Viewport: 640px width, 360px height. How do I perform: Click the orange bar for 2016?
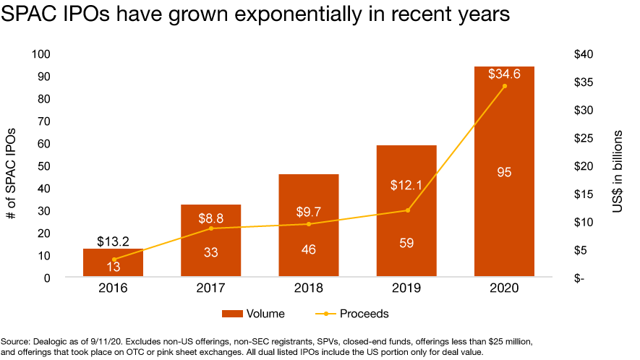[114, 262]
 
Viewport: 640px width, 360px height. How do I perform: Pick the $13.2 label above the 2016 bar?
[114, 241]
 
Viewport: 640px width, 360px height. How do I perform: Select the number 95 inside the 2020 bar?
[504, 172]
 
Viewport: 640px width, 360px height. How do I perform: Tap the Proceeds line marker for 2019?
[407, 210]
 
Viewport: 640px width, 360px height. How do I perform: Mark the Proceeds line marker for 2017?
[211, 228]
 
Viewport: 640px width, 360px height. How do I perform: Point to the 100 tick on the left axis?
[42, 54]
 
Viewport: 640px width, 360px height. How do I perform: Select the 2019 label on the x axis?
[406, 288]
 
